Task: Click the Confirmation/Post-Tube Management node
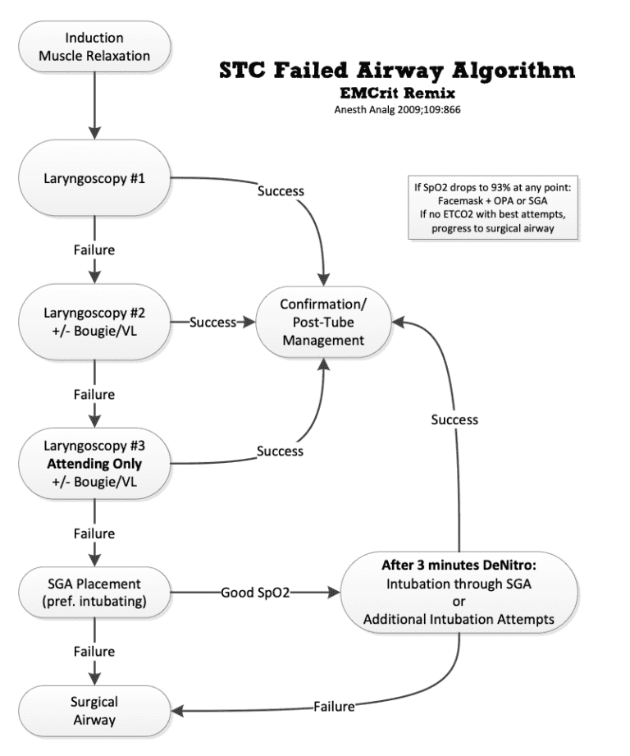322,322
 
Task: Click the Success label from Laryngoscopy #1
280,191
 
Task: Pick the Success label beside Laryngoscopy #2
213,322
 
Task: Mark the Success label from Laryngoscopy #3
280,451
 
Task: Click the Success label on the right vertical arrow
454,419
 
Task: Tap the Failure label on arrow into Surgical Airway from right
333,706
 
